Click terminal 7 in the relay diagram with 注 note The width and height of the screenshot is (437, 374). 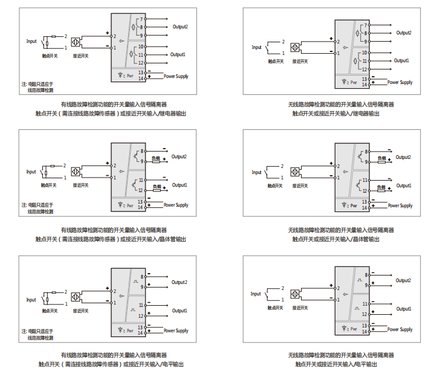click(x=141, y=19)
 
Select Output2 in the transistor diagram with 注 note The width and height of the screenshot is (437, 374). click(x=179, y=156)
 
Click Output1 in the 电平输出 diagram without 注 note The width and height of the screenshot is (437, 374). click(x=403, y=309)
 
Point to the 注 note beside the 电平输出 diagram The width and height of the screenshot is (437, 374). click(x=37, y=335)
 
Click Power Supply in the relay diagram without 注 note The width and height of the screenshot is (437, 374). click(x=400, y=82)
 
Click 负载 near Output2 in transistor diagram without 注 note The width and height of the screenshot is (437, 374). click(x=381, y=158)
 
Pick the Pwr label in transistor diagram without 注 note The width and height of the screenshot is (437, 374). click(x=354, y=205)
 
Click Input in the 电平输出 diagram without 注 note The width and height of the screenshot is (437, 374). click(x=256, y=294)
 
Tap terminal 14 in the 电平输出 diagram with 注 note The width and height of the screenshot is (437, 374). click(x=141, y=332)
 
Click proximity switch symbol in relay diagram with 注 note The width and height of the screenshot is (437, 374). click(x=76, y=43)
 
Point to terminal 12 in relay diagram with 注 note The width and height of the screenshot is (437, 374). click(x=141, y=63)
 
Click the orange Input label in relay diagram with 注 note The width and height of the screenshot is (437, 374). click(x=31, y=42)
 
